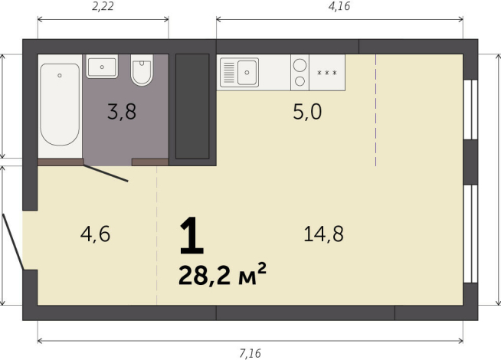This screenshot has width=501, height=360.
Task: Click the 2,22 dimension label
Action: tap(103, 7)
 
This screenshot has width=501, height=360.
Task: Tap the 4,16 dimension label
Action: tap(339, 6)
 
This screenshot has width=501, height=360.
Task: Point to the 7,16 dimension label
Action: tap(250, 353)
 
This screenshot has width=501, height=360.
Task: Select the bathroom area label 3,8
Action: tap(122, 112)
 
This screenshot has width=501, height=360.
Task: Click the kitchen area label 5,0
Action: tap(307, 112)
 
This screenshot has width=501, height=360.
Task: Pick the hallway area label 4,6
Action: tap(95, 234)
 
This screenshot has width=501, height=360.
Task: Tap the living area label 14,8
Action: tap(323, 234)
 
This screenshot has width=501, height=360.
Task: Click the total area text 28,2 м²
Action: tap(222, 275)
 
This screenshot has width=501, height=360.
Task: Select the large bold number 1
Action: tap(192, 235)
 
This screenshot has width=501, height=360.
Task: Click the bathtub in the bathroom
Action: tap(60, 104)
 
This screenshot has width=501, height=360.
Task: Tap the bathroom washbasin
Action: tap(102, 67)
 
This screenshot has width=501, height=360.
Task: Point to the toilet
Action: tap(142, 70)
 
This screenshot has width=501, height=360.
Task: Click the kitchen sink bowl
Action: tap(247, 73)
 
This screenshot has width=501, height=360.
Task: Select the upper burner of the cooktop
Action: tap(300, 65)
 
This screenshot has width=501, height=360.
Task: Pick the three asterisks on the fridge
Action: tap(327, 73)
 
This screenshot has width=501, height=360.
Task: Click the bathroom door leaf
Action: tap(106, 173)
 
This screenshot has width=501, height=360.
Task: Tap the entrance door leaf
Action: tap(13, 242)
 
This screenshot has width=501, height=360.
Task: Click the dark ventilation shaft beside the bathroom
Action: tap(192, 106)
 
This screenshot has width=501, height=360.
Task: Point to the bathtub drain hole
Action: tap(60, 76)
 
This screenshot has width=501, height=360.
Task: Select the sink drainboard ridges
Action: tap(229, 73)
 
